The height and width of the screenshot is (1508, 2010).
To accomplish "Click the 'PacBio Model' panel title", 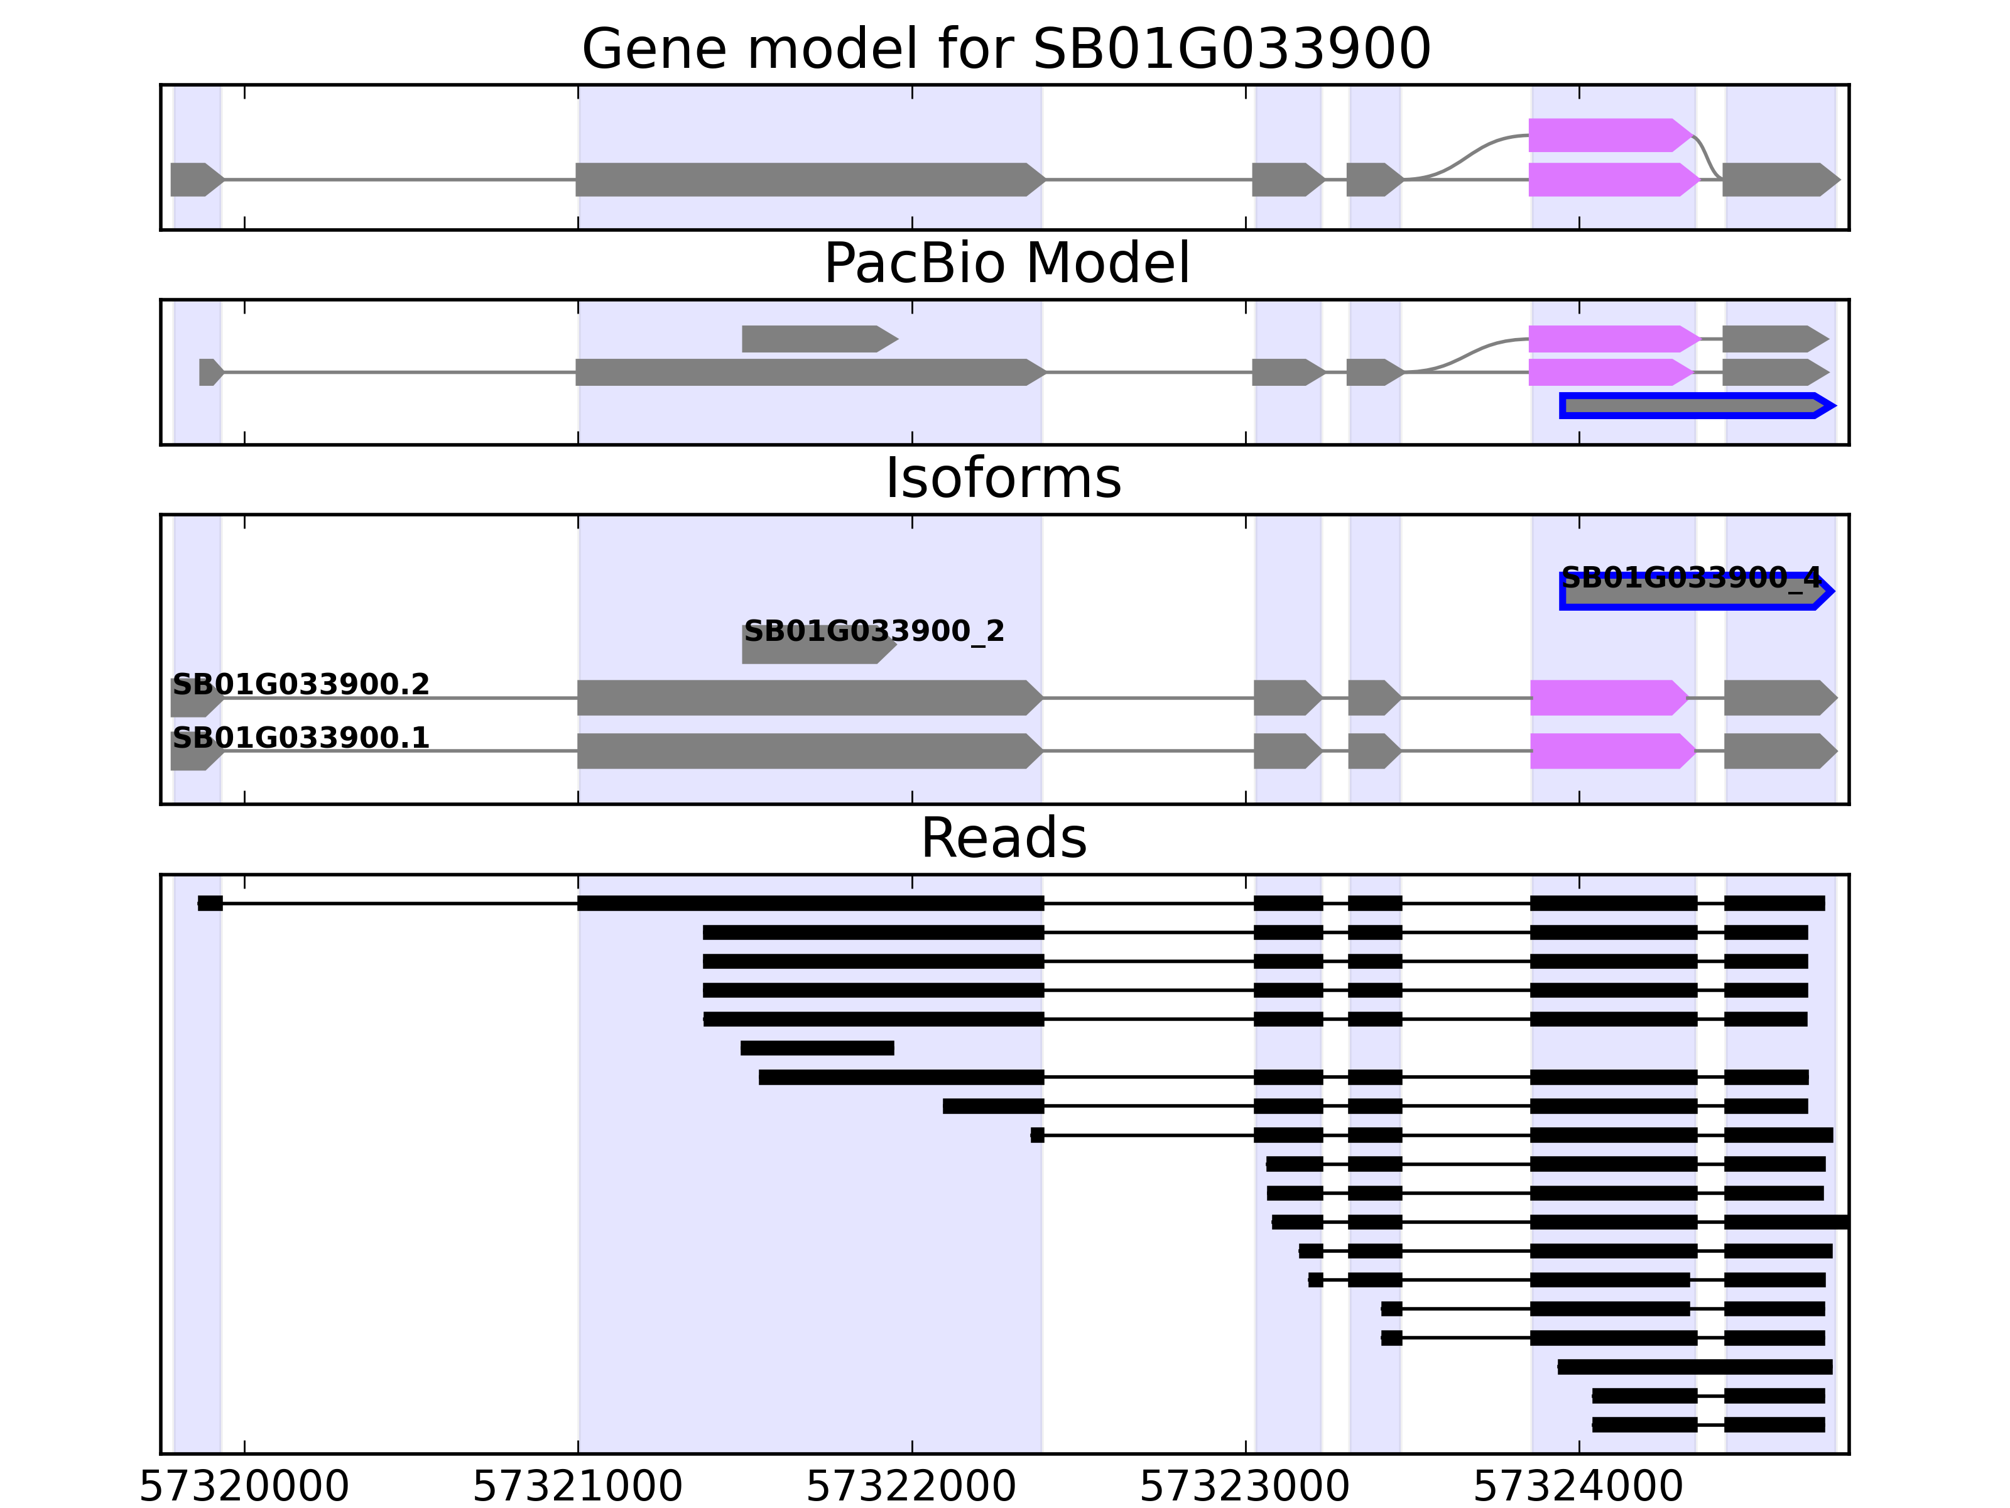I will click(x=1006, y=264).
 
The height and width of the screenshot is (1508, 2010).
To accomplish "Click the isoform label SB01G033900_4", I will click(x=1690, y=577).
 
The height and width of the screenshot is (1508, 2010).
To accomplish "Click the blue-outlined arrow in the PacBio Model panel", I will click(x=1695, y=405).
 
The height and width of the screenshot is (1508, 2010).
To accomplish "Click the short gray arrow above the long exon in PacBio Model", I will click(x=818, y=339).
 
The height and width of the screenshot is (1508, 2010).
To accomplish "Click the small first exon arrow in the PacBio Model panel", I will click(x=210, y=372).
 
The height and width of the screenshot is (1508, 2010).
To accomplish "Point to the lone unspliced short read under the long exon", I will click(x=817, y=1048).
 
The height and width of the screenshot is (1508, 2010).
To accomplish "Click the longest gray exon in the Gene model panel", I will click(x=809, y=180).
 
